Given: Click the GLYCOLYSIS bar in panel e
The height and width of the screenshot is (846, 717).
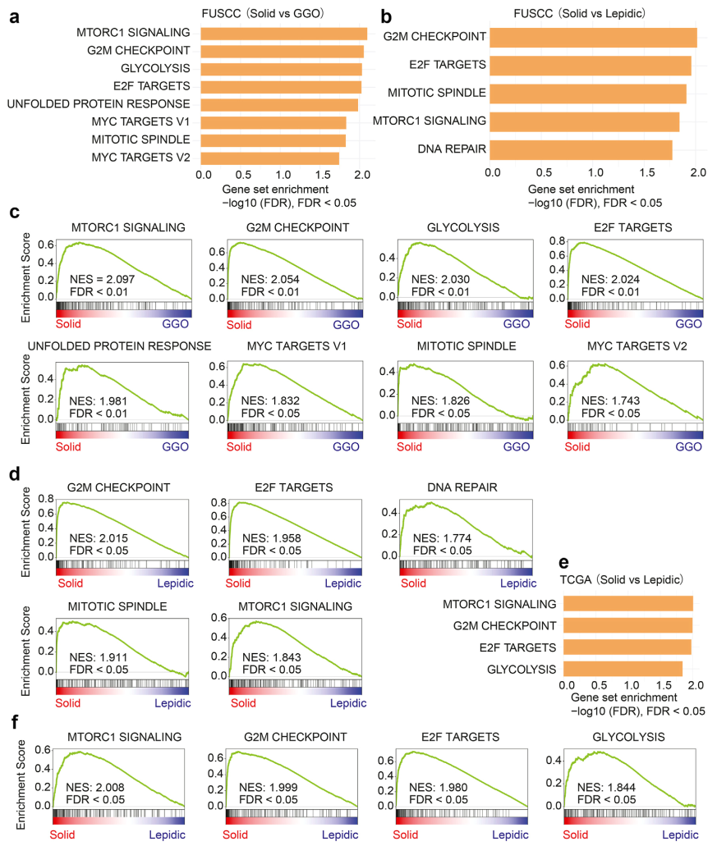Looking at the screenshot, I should tap(624, 668).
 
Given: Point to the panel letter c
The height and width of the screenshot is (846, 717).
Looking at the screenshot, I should tap(14, 212).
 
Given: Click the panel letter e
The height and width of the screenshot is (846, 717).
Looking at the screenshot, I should tap(563, 564).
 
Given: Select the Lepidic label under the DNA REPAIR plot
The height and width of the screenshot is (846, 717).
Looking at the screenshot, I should tap(517, 583).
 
